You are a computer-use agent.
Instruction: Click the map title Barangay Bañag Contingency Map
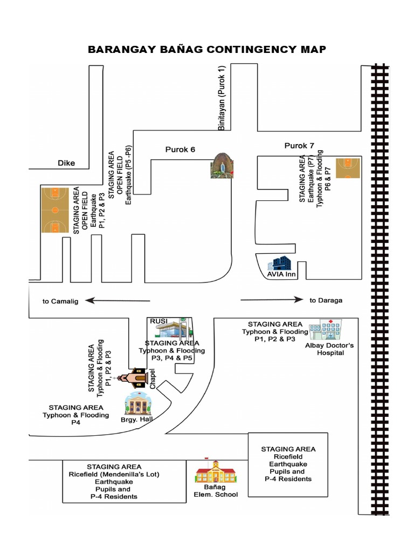click(207, 50)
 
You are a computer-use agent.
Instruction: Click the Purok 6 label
click(180, 150)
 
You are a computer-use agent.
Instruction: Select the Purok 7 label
click(299, 145)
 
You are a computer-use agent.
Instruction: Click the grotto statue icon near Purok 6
click(223, 165)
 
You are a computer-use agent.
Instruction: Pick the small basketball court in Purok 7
click(347, 168)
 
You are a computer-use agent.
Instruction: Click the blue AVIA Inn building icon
click(280, 264)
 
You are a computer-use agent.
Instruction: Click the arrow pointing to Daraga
click(270, 299)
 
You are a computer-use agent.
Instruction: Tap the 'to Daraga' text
click(326, 300)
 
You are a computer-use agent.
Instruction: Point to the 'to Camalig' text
click(60, 301)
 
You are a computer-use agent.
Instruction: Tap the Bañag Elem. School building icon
click(216, 472)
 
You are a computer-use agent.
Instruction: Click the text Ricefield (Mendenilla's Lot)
click(114, 475)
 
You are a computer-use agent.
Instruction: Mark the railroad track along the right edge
click(379, 302)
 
